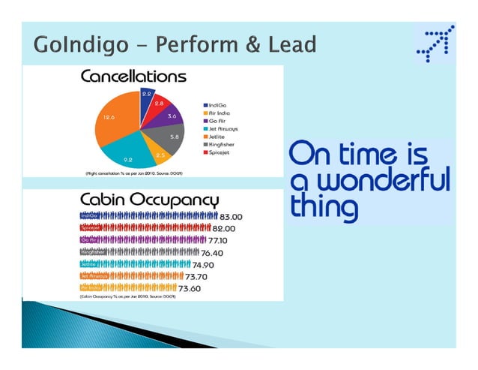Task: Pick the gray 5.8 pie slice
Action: (x=171, y=138)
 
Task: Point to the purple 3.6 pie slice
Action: (x=170, y=117)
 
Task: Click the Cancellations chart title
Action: (x=133, y=77)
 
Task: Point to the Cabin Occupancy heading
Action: (x=149, y=200)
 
